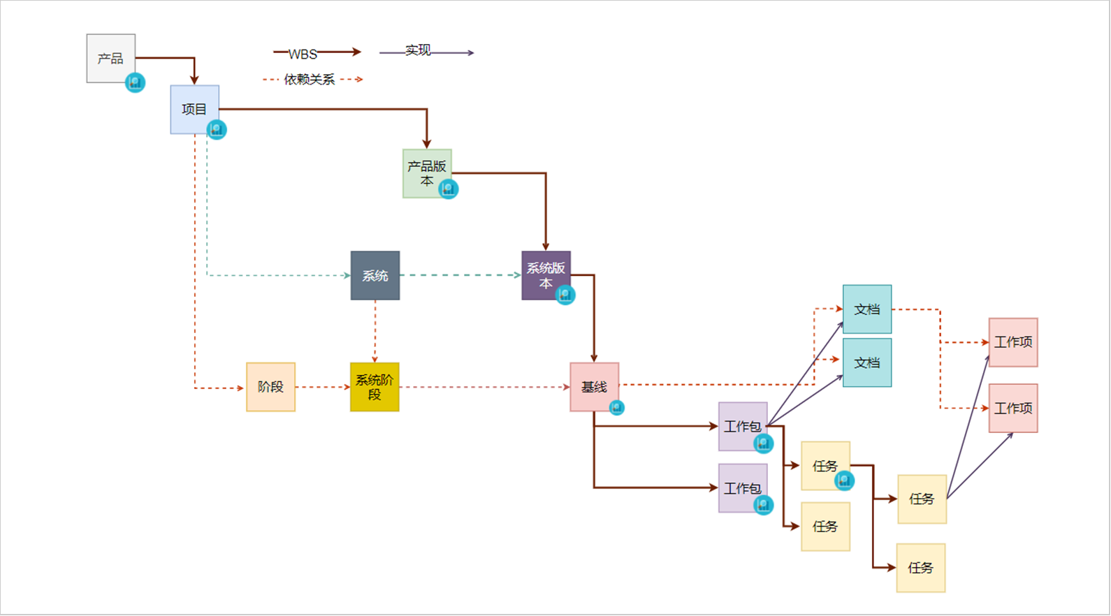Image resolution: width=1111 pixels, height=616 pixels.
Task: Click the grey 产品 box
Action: point(110,58)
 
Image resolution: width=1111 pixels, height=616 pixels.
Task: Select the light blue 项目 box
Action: point(194,109)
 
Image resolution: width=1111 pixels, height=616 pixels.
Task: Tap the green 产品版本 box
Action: point(426,173)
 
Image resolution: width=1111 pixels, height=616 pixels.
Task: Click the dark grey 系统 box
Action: point(375,275)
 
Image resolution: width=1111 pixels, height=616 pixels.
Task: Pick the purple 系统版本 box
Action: point(545,274)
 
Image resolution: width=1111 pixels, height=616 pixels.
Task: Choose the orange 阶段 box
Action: point(270,386)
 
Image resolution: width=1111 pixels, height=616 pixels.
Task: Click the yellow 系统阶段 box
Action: point(375,386)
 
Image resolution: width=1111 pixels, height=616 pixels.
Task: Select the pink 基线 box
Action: point(594,386)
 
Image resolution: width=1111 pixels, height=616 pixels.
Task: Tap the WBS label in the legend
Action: point(303,54)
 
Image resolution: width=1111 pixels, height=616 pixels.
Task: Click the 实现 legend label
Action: point(418,50)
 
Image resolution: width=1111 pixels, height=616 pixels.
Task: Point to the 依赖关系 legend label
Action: point(310,80)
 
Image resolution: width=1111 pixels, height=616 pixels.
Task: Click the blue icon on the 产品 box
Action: point(135,82)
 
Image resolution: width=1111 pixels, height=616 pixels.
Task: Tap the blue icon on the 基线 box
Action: point(616,407)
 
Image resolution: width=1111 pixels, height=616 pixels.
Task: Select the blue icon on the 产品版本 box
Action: point(449,189)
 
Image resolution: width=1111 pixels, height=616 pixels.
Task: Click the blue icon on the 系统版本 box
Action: point(565,295)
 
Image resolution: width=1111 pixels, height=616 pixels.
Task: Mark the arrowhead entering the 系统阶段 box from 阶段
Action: point(347,387)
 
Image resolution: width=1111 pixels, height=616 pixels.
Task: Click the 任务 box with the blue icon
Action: point(825,465)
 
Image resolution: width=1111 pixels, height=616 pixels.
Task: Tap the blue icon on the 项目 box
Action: point(217,129)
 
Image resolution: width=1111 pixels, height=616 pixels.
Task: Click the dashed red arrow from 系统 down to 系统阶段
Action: point(375,331)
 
